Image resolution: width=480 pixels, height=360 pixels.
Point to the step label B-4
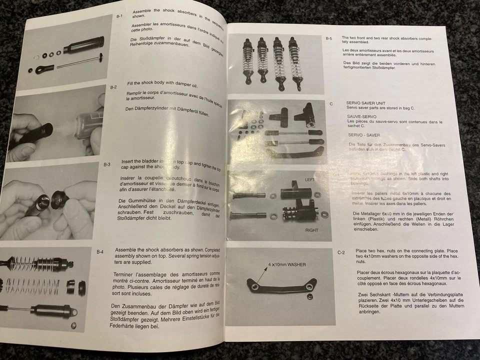100,252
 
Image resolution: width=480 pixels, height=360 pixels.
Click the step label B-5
328,38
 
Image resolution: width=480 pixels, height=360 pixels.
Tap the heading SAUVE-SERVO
363,115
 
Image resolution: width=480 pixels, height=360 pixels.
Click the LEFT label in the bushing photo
311,178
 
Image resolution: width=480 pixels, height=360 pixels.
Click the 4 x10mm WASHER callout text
286,264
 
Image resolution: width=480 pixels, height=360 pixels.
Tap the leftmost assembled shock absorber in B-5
247,61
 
